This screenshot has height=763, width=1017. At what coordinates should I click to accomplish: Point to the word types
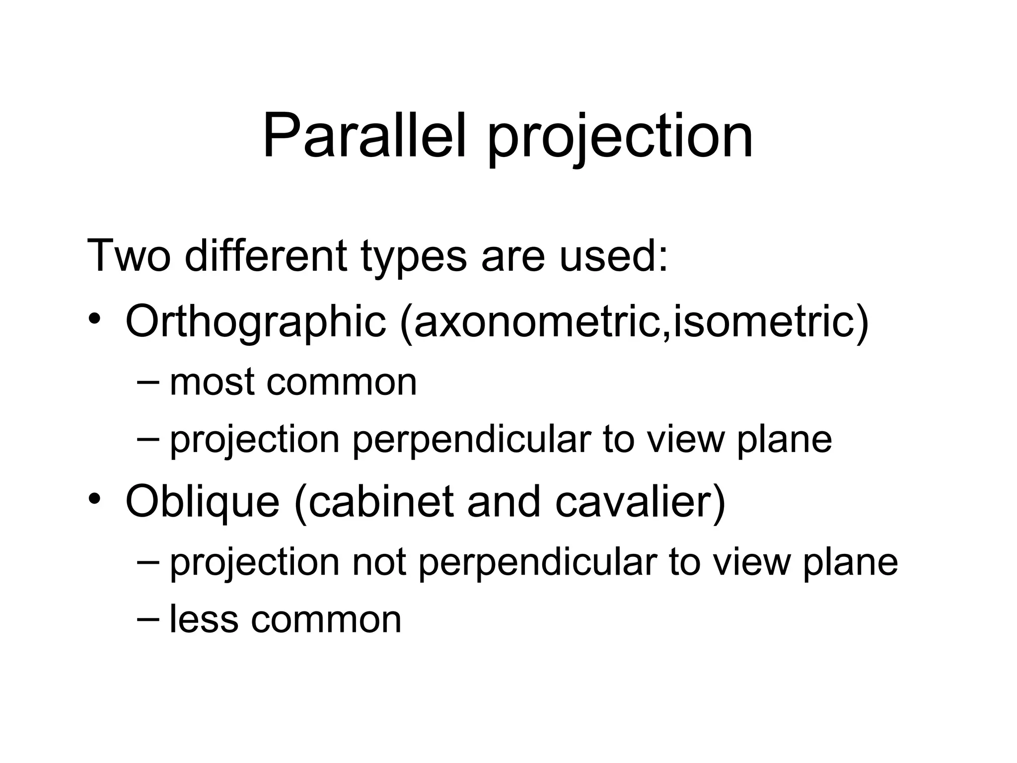pos(414,258)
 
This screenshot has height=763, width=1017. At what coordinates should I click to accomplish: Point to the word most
pos(212,382)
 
